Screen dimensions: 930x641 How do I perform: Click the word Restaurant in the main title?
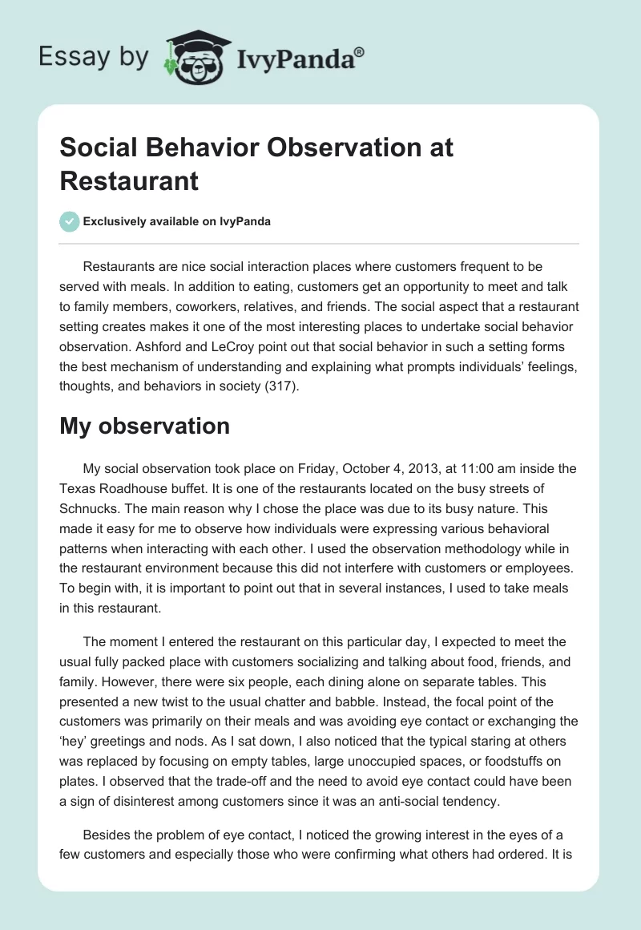click(x=129, y=180)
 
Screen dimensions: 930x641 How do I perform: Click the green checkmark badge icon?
click(x=70, y=221)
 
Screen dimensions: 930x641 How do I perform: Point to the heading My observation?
click(x=144, y=426)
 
